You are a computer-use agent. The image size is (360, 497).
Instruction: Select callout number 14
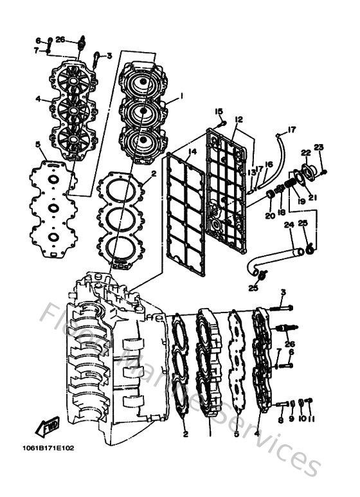(192, 151)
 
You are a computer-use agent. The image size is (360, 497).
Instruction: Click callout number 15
(218, 111)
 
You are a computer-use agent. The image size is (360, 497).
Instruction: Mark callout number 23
(318, 147)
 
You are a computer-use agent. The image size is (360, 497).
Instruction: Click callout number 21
(312, 197)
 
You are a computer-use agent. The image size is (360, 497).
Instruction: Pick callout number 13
(252, 172)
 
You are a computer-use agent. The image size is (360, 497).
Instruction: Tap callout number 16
(269, 165)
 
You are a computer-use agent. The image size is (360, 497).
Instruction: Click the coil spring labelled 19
(290, 186)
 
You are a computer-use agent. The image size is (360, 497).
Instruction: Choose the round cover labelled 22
(307, 170)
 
